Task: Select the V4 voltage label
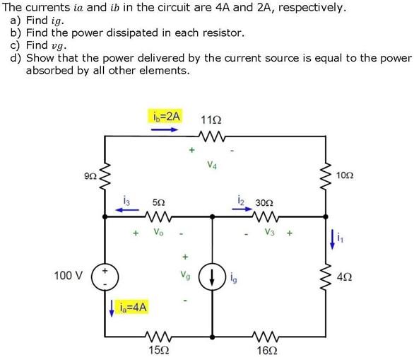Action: (x=213, y=166)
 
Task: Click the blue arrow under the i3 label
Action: (x=126, y=210)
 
